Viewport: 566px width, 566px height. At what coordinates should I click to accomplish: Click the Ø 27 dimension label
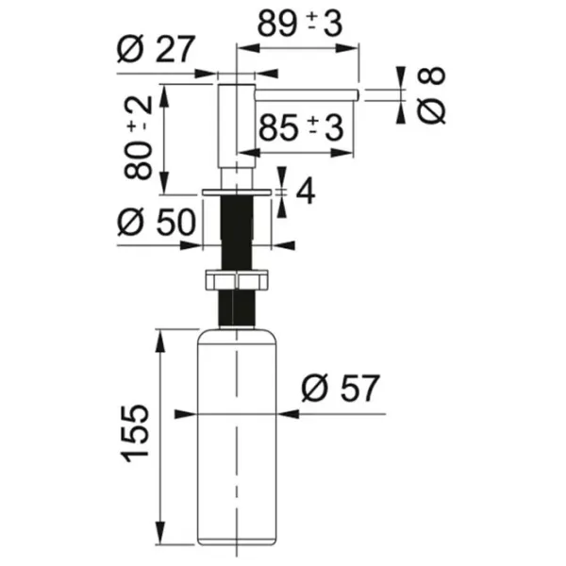[156, 49]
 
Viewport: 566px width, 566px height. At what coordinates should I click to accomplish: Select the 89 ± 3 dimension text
[299, 24]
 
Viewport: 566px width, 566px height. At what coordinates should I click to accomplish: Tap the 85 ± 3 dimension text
[301, 127]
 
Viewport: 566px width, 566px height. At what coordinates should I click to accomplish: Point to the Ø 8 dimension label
[431, 95]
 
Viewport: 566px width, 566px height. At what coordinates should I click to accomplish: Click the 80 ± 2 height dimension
[139, 139]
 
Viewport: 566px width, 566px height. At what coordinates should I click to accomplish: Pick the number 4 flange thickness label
[306, 192]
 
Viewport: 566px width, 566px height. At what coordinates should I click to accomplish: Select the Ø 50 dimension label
[157, 222]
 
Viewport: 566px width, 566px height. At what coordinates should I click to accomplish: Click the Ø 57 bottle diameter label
[341, 389]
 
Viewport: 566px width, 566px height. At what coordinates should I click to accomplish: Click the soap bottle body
[237, 437]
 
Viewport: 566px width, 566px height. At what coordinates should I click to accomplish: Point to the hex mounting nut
[237, 279]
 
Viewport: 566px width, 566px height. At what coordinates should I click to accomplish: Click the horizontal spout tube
[307, 95]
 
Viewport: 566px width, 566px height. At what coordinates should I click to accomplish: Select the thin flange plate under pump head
[237, 191]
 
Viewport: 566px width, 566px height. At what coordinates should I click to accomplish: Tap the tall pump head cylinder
[237, 126]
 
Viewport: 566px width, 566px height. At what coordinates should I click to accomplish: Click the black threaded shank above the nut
[237, 232]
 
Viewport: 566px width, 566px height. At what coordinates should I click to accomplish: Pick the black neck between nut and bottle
[237, 308]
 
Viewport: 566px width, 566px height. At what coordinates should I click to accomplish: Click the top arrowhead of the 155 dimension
[160, 340]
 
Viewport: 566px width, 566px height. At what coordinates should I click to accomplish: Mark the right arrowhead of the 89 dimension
[347, 48]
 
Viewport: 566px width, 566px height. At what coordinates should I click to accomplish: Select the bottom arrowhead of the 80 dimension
[164, 183]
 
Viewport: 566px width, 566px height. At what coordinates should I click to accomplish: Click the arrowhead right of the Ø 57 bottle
[288, 414]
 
